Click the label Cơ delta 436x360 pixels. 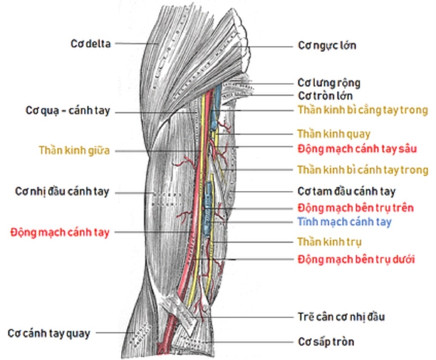pyautogui.click(x=90, y=44)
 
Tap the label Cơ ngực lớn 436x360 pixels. pyautogui.click(x=327, y=45)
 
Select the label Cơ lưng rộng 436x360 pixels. pyautogui.click(x=329, y=83)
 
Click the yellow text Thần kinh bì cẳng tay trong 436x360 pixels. pyautogui.click(x=363, y=110)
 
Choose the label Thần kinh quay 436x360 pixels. pyautogui.click(x=334, y=134)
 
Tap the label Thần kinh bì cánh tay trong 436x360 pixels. pyautogui.click(x=363, y=170)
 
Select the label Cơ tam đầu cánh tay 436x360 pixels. pyautogui.click(x=347, y=191)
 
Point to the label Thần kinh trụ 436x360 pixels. pyautogui.click(x=330, y=241)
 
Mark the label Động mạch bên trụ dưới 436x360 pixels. pyautogui.click(x=356, y=259)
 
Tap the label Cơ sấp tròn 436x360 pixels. pyautogui.click(x=326, y=343)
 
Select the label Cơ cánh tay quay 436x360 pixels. pyautogui.click(x=49, y=333)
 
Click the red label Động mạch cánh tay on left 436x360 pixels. pyautogui.click(x=60, y=232)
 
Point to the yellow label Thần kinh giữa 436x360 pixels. pyautogui.click(x=74, y=151)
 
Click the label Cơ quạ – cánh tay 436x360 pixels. pyautogui.click(x=68, y=111)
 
